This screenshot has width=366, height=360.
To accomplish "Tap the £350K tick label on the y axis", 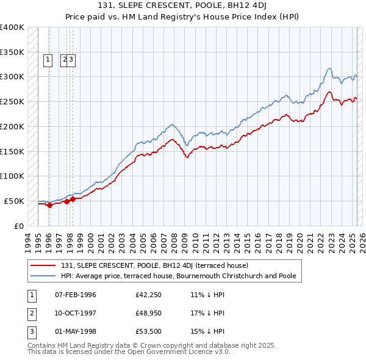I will click(12, 52).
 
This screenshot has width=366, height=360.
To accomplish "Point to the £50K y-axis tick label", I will click(14, 201).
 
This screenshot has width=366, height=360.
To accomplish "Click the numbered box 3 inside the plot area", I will click(71, 60).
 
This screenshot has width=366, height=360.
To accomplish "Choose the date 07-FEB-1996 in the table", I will click(76, 295).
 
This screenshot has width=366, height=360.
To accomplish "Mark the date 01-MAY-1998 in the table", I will click(76, 332).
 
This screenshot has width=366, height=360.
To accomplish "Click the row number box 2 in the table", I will click(30, 314).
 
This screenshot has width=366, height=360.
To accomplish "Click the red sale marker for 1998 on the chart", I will click(73, 199).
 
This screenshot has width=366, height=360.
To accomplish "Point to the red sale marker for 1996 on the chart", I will click(49, 205).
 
